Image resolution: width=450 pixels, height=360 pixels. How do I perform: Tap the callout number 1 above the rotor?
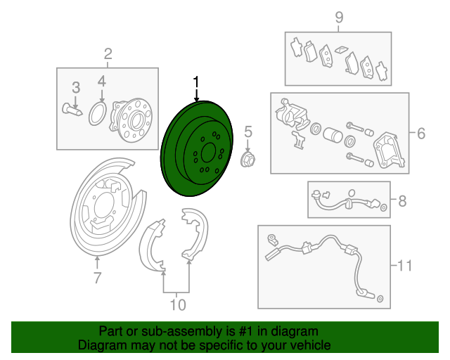tap(196, 82)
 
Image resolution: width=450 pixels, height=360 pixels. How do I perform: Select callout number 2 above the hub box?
tap(108, 54)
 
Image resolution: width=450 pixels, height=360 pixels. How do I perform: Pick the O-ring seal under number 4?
tap(98, 113)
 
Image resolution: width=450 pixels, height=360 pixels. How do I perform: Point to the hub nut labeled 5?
tap(247, 160)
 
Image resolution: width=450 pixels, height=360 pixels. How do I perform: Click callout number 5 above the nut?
tap(248, 131)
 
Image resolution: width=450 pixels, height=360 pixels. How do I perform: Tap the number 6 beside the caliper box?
tap(420, 134)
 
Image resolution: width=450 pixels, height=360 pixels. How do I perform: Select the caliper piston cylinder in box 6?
tap(333, 134)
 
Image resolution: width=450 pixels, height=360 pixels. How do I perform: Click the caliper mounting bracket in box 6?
tap(390, 150)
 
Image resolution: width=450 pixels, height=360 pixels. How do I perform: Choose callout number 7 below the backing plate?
tap(98, 278)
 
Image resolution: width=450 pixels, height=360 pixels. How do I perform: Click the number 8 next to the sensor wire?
tap(402, 201)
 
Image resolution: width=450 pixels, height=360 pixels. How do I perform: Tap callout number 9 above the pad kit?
tap(339, 18)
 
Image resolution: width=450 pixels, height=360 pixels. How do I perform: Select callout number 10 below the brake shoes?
tap(178, 305)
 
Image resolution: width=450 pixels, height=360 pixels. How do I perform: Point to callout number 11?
tap(405, 266)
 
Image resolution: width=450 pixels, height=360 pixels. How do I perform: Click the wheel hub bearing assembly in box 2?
tap(131, 120)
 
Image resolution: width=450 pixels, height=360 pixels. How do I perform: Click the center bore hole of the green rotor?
tap(209, 153)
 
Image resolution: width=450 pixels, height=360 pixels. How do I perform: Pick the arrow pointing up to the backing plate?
tap(97, 262)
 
